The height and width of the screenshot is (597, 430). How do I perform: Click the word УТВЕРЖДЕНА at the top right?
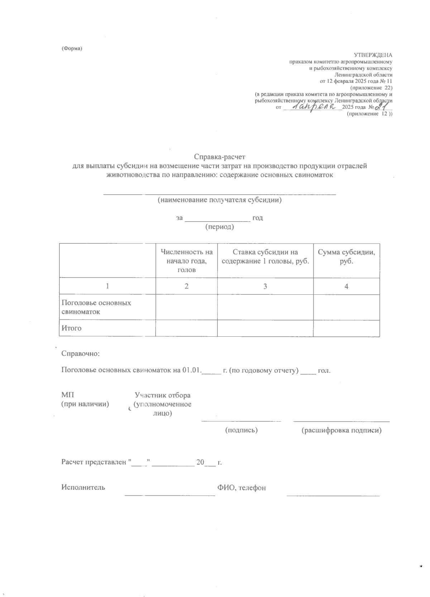coord(373,55)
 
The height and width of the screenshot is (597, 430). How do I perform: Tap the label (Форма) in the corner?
coord(72,48)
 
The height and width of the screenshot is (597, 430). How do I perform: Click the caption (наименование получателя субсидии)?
coord(220,200)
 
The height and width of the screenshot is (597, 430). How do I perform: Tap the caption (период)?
coord(219,227)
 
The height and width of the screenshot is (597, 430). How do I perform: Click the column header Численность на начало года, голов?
coord(187,261)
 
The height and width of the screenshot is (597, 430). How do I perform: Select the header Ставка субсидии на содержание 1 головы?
coord(265,256)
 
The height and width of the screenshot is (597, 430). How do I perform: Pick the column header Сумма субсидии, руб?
coord(346,256)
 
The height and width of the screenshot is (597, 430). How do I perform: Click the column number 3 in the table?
coord(265,286)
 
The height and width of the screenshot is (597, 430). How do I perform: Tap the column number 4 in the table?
coord(346,286)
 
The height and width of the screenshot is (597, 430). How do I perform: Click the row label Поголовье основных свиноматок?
coord(96,307)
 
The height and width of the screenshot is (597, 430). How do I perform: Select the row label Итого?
coord(72,328)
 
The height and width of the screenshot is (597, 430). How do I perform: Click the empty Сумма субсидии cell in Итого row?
coord(346,328)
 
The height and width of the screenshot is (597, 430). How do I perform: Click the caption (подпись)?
coord(241,430)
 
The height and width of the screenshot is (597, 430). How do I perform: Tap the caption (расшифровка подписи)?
coord(341,430)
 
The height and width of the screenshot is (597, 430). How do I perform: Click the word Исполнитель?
coord(83,487)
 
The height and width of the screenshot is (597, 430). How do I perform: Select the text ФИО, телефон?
coord(242,488)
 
